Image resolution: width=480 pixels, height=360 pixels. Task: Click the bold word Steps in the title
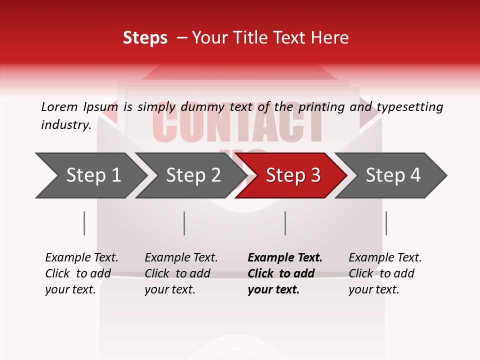point(145,38)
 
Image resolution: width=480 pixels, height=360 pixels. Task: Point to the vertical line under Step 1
point(84,223)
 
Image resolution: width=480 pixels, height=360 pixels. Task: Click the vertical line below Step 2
point(184,223)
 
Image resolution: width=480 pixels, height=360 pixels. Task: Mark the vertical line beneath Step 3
point(285,223)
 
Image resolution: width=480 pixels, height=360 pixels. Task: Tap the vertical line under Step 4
point(386,223)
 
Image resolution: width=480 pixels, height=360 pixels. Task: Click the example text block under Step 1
point(81,273)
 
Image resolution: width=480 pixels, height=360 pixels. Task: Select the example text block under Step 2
point(180,273)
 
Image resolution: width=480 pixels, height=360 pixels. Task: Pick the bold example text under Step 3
point(284,273)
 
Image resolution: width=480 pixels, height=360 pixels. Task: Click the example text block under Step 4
point(384,273)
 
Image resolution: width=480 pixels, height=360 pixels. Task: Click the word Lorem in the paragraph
point(59,106)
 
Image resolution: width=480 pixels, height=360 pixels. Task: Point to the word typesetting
point(409,107)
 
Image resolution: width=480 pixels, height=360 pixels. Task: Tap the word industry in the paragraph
point(65,125)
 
